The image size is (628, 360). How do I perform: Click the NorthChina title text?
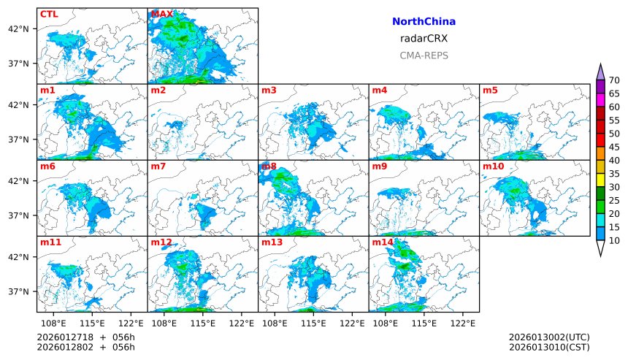tap(424, 22)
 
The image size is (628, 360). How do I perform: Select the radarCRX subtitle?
tap(424, 39)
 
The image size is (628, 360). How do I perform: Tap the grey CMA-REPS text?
tap(424, 55)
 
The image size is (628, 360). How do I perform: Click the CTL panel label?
tap(49, 14)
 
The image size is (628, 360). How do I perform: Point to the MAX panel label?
tap(161, 14)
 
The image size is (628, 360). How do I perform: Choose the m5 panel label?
tap(490, 91)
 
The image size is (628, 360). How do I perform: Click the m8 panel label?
tap(269, 166)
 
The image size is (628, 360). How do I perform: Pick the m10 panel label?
tap(493, 166)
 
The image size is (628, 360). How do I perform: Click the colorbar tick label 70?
tap(614, 80)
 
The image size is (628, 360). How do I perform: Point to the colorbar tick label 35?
tap(614, 174)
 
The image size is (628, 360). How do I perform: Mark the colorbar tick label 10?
tap(614, 240)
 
